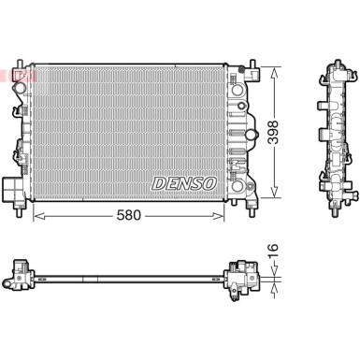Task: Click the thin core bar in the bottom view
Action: point(131,278)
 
